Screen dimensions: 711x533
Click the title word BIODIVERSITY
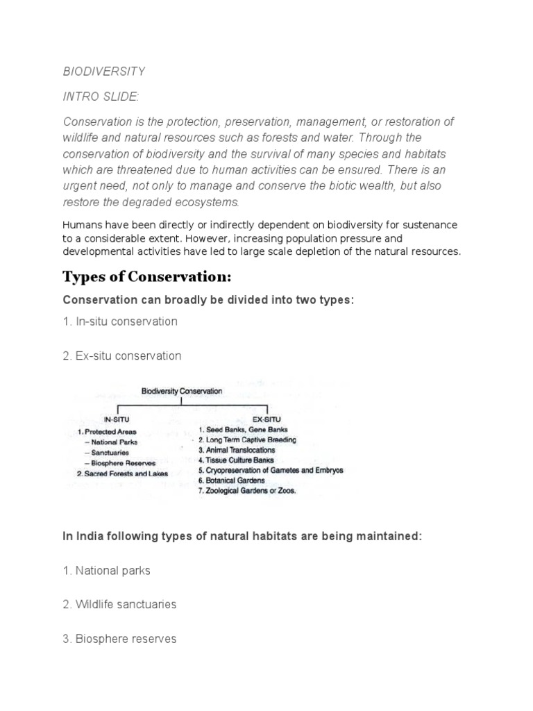click(x=103, y=72)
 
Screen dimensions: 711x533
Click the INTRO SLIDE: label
click(x=101, y=96)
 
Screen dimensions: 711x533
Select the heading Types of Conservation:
click(x=146, y=277)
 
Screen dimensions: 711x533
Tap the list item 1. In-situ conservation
click(x=120, y=321)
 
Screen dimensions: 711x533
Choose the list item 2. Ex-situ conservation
click(x=121, y=355)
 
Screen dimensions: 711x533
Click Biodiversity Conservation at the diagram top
click(x=182, y=391)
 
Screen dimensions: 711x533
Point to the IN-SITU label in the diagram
click(x=116, y=420)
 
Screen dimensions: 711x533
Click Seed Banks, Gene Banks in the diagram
click(x=236, y=430)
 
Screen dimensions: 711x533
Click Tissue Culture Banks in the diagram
click(x=236, y=460)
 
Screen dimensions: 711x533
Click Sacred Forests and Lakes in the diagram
click(x=122, y=474)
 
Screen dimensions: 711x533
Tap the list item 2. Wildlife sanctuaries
click(x=119, y=604)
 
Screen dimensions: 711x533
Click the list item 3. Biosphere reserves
click(x=119, y=638)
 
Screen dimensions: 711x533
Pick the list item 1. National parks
click(x=106, y=570)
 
